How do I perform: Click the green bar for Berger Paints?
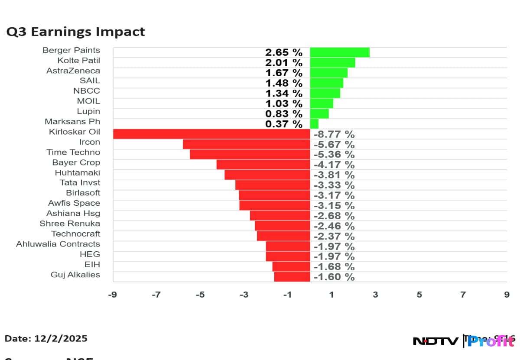pos(340,52)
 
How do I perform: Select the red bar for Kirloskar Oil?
pos(211,134)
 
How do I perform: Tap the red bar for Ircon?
pos(246,144)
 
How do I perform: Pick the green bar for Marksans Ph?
pos(314,124)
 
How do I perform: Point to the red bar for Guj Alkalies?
pos(292,276)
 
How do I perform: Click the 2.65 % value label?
pos(284,52)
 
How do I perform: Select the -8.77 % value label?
pos(334,134)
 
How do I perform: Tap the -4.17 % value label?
pos(334,165)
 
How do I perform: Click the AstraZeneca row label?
pos(73,71)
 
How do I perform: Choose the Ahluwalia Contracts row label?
pos(58,244)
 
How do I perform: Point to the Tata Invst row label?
pos(80,183)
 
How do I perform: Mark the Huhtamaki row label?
pos(78,172)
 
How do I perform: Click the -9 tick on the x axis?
pos(112,295)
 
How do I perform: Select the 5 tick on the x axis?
pos(419,295)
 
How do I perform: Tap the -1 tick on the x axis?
pos(287,295)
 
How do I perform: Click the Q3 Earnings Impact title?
pos(75,32)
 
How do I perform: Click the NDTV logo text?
pos(435,341)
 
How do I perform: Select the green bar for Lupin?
pos(319,114)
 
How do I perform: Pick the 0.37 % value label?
pos(284,124)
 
